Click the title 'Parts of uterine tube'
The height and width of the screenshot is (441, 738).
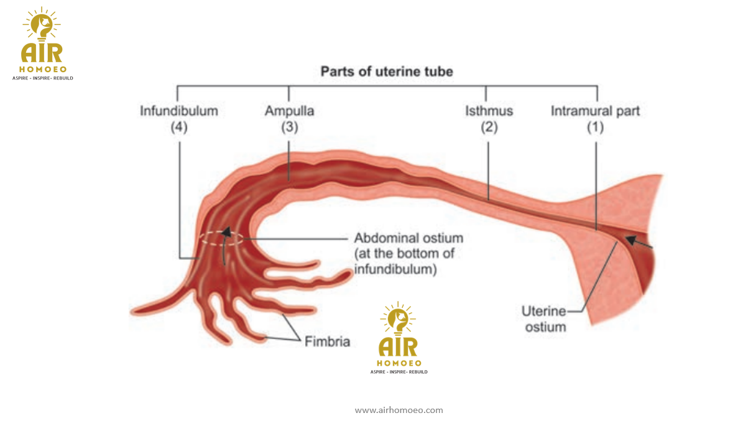[x=386, y=72]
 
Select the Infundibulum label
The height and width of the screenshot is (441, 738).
[x=179, y=111]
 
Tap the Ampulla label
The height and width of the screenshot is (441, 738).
[x=289, y=111]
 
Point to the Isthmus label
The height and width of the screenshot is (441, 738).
[x=489, y=111]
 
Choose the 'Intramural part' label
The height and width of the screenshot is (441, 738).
[x=595, y=111]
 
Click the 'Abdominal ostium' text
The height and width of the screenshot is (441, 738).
[x=408, y=238]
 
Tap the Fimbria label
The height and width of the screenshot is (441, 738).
[x=327, y=341]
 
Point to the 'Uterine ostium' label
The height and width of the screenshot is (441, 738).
[x=545, y=318]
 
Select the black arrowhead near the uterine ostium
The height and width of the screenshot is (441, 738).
[x=630, y=239]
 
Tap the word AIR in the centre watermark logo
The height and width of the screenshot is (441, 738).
[x=399, y=345]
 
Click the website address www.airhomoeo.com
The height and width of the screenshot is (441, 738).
[x=399, y=411]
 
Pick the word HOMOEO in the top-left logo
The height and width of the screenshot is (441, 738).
[x=42, y=68]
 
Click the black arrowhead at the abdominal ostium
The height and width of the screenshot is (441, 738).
[x=226, y=233]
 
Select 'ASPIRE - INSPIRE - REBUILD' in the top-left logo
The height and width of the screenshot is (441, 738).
[x=43, y=78]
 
